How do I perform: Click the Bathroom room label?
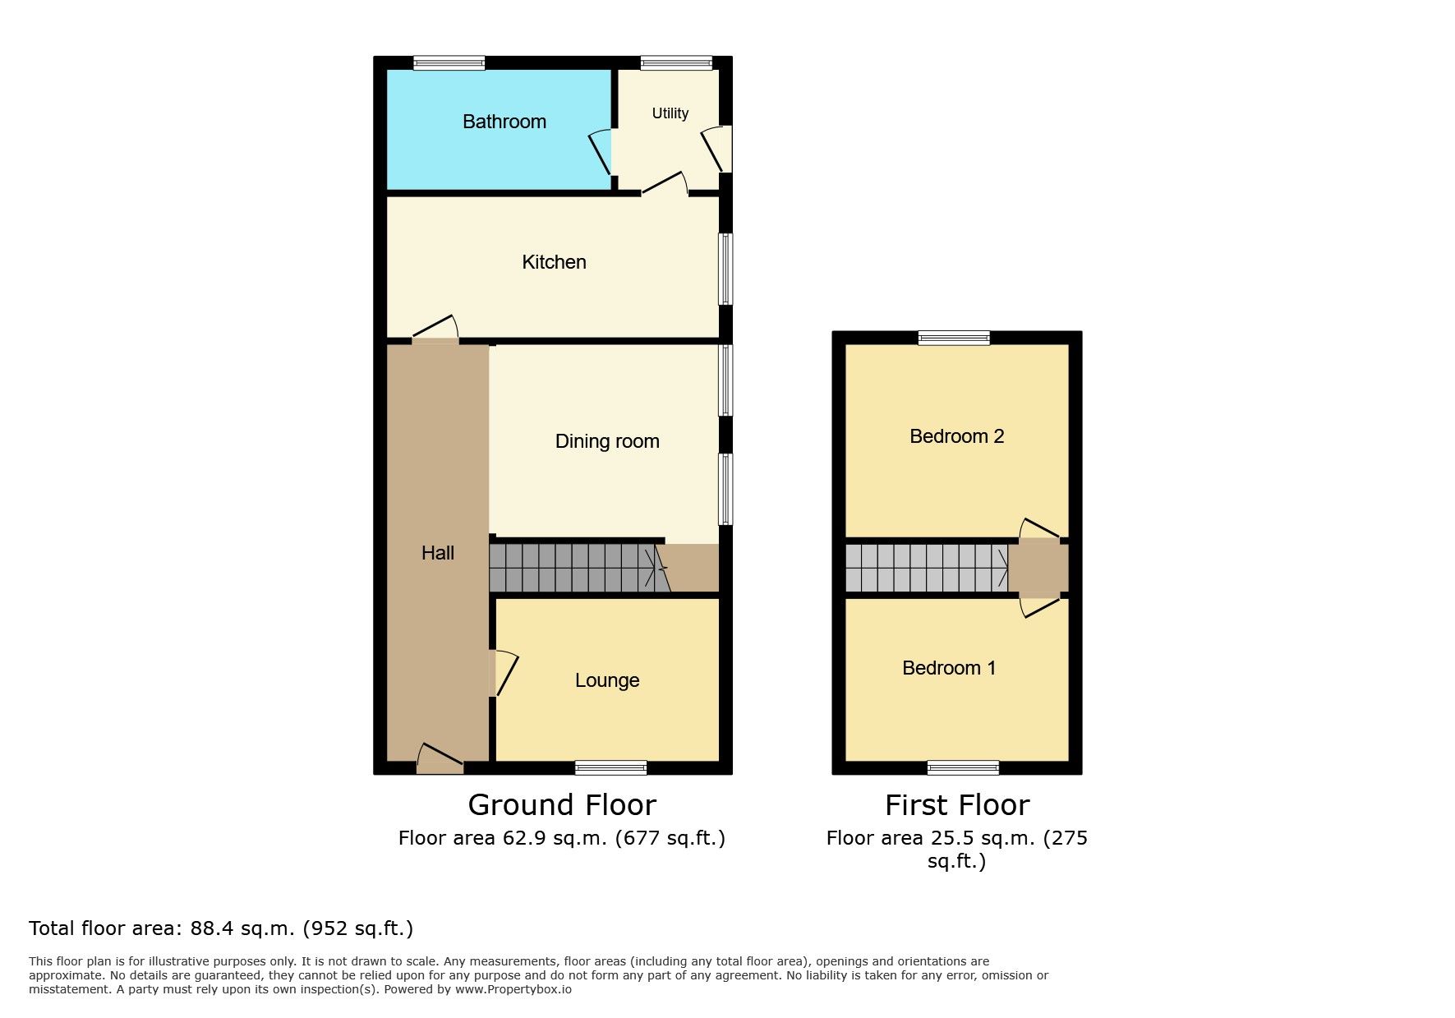pyautogui.click(x=504, y=122)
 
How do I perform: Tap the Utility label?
pyautogui.click(x=670, y=113)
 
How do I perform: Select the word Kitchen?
pyautogui.click(x=555, y=262)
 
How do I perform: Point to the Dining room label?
pyautogui.click(x=607, y=441)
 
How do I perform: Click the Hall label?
pyautogui.click(x=438, y=553)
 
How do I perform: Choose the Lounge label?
pyautogui.click(x=607, y=680)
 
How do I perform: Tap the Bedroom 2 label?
pyautogui.click(x=957, y=436)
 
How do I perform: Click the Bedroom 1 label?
pyautogui.click(x=949, y=668)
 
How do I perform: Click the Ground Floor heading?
pyautogui.click(x=562, y=805)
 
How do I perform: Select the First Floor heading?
pyautogui.click(x=957, y=805)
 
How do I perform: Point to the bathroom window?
pyautogui.click(x=449, y=63)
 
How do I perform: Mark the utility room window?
pyautogui.click(x=676, y=63)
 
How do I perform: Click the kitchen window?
pyautogui.click(x=726, y=269)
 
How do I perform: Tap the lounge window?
pyautogui.click(x=611, y=768)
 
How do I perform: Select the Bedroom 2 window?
pyautogui.click(x=954, y=338)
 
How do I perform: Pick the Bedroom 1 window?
pyautogui.click(x=963, y=768)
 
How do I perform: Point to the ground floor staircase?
pyautogui.click(x=580, y=568)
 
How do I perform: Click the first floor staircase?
pyautogui.click(x=928, y=568)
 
